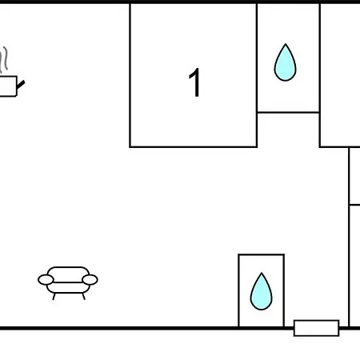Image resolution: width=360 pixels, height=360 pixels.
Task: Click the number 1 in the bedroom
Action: (x=195, y=82)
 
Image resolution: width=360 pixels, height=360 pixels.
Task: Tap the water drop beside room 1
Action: (x=285, y=62)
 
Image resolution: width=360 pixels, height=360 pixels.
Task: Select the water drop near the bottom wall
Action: (x=262, y=291)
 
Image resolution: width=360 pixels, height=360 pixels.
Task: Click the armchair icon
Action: (x=68, y=282)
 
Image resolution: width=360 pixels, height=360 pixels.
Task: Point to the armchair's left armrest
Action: (x=46, y=280)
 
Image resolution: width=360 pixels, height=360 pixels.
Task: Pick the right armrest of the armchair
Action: (x=90, y=280)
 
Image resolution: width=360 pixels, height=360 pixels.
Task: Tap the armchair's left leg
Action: (x=54, y=297)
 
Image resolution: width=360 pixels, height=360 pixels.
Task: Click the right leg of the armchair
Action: (x=83, y=297)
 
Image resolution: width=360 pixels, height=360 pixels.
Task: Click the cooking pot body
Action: (x=8, y=86)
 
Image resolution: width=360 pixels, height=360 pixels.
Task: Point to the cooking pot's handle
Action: (x=21, y=85)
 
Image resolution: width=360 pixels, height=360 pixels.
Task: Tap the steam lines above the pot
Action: (x=4, y=60)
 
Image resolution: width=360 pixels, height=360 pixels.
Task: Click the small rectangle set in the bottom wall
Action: (x=317, y=328)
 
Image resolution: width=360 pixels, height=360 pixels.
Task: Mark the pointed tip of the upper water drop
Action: (x=286, y=44)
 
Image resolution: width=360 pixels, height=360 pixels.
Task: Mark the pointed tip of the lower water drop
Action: (x=262, y=273)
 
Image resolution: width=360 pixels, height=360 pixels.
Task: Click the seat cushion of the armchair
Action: (x=68, y=287)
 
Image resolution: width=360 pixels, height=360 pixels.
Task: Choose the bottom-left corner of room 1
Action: (x=130, y=146)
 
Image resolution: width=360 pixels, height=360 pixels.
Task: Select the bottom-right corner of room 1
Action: (x=257, y=146)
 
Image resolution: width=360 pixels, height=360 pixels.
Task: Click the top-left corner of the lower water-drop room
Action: (x=239, y=254)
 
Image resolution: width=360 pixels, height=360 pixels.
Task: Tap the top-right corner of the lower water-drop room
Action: (x=284, y=254)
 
